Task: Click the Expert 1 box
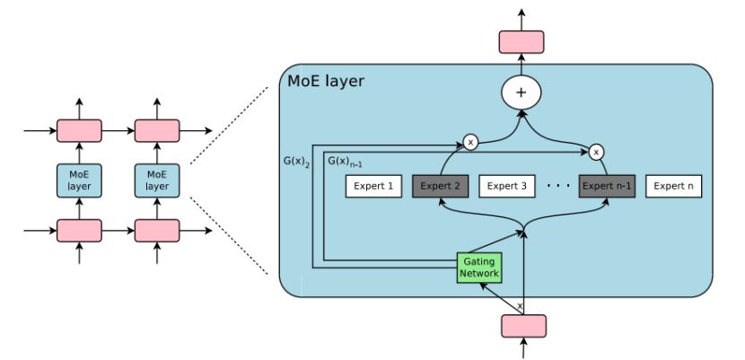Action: coord(373,186)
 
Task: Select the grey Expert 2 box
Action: coord(441,186)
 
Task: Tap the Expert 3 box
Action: coord(507,186)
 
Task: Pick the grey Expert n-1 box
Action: coord(607,186)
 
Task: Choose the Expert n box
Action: coord(674,186)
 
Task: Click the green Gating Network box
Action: coord(479,268)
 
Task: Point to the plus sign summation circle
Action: coord(521,92)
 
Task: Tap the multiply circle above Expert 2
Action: coord(470,142)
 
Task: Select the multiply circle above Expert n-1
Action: coord(596,153)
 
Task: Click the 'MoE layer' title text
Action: coord(326,81)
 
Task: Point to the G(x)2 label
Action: coord(297,161)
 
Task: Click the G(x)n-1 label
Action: coord(345,161)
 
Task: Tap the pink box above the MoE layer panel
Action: coord(521,42)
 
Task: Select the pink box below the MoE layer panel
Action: coord(523,326)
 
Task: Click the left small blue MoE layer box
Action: coord(79,180)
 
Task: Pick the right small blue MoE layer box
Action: coord(157,180)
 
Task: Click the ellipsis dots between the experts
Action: coord(558,186)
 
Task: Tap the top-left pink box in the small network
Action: coord(79,130)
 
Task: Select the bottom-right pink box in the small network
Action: coord(157,231)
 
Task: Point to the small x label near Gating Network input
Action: coord(520,306)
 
